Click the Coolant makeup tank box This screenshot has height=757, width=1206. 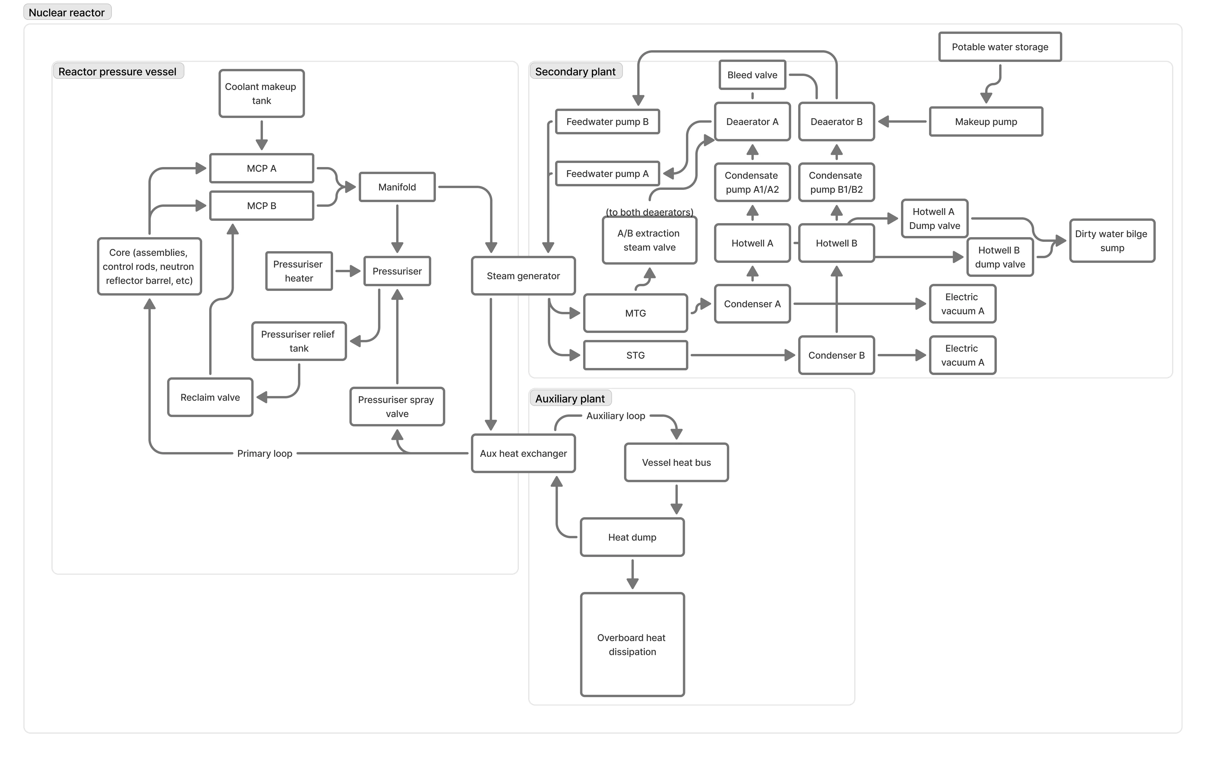(261, 94)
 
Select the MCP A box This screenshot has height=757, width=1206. (261, 168)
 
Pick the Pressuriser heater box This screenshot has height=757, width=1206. (299, 271)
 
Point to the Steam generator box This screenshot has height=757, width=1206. (523, 276)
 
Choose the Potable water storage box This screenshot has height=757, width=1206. (1000, 47)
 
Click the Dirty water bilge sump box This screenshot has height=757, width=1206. (1112, 241)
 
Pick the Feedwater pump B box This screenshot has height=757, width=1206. (607, 122)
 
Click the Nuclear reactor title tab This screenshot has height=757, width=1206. (67, 13)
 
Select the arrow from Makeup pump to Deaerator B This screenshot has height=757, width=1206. (902, 122)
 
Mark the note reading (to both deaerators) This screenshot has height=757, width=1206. (649, 212)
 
